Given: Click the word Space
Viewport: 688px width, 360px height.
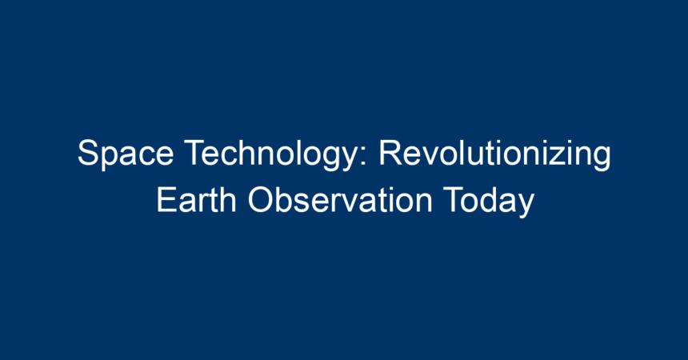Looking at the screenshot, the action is pyautogui.click(x=126, y=153).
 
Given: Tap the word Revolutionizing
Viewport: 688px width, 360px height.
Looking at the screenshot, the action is pyautogui.click(x=494, y=153).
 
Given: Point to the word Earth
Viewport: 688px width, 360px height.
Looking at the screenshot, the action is pyautogui.click(x=197, y=200).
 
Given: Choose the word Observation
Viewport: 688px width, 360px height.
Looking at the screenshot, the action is pyautogui.click(x=340, y=200).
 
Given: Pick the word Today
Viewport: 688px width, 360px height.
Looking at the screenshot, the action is pyautogui.click(x=488, y=200).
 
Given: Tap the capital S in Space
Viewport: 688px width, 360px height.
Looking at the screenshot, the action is pyautogui.click(x=88, y=153).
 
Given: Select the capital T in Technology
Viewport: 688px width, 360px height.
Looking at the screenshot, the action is pyautogui.click(x=195, y=153).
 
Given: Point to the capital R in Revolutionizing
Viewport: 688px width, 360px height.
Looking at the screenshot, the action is pyautogui.click(x=391, y=153).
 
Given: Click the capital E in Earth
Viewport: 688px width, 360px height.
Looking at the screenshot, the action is pyautogui.click(x=167, y=200).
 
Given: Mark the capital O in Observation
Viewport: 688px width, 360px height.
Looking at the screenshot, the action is pyautogui.click(x=262, y=200).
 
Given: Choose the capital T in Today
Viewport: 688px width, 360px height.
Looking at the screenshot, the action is pyautogui.click(x=454, y=200).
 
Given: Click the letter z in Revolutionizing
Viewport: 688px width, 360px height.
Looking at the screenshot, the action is pyautogui.click(x=556, y=157).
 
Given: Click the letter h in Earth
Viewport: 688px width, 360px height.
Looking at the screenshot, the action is pyautogui.click(x=228, y=200).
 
